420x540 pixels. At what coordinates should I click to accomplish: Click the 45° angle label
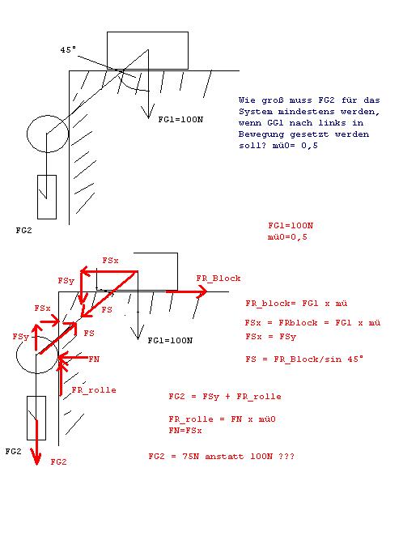click(68, 50)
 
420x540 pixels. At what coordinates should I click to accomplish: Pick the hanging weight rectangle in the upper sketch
click(37, 197)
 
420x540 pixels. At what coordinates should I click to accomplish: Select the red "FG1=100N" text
click(291, 226)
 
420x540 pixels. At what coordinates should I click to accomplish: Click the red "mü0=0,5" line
click(287, 237)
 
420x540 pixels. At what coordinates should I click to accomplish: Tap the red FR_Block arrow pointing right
click(186, 291)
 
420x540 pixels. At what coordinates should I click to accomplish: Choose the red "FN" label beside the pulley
click(94, 359)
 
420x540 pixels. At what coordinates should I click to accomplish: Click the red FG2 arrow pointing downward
click(36, 442)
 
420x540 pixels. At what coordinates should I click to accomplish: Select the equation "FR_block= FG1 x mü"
click(296, 304)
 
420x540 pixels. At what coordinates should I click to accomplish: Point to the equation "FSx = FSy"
click(270, 337)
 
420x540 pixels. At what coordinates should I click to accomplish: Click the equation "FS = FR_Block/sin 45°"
click(304, 359)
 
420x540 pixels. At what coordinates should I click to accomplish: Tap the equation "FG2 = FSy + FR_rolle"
click(225, 397)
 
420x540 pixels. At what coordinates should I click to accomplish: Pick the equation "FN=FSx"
click(185, 431)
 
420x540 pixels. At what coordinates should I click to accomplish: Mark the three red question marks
click(286, 457)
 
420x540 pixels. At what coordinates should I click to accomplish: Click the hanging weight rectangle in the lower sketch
click(28, 418)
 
